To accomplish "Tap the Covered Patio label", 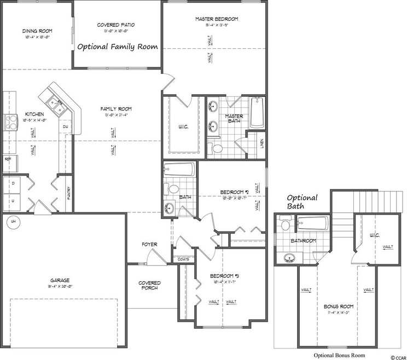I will click(115, 25).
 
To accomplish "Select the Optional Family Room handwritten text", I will click(117, 47).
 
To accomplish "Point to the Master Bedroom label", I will click(217, 19).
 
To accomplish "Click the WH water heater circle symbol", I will click(11, 222).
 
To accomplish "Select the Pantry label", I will click(68, 194).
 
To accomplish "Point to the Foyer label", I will click(149, 244).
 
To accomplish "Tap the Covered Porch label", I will click(149, 286).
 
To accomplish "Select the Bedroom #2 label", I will click(234, 191).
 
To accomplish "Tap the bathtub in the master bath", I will click(257, 113).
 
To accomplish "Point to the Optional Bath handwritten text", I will click(302, 202).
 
